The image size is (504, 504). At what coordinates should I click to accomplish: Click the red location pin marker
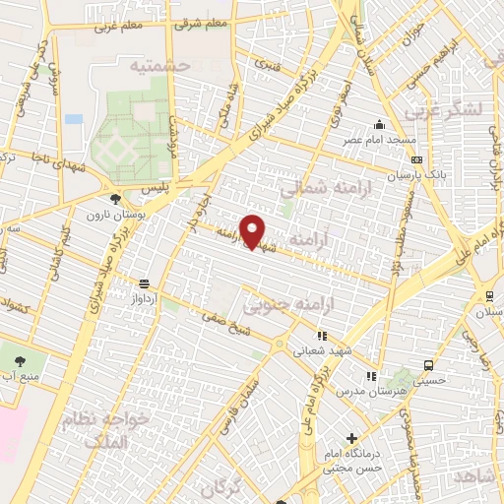254,231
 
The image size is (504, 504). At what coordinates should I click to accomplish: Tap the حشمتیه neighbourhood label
157,65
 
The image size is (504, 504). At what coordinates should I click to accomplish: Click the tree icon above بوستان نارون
117,199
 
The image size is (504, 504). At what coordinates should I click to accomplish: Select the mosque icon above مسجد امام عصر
379,124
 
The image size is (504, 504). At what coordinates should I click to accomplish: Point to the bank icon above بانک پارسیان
417,159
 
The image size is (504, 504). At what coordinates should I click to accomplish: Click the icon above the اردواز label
146,281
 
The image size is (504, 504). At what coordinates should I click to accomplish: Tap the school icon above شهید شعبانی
321,336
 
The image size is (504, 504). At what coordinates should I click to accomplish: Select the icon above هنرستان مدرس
371,376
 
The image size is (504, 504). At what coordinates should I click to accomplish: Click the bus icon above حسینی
427,363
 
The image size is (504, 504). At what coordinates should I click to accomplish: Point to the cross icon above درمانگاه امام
351,438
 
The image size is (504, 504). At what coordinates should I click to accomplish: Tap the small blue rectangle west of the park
74,119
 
